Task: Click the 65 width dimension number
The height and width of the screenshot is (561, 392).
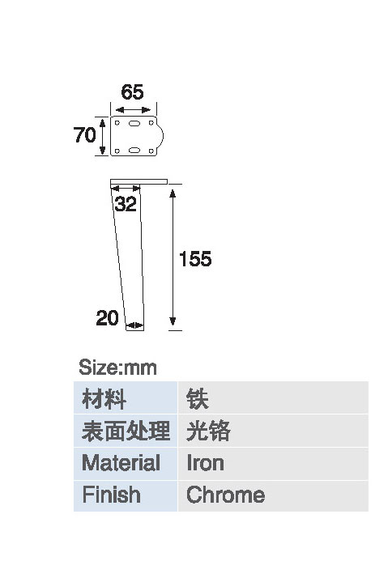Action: (x=132, y=92)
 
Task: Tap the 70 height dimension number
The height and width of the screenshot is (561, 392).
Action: (x=85, y=135)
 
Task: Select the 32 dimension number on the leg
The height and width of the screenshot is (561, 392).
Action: (x=126, y=204)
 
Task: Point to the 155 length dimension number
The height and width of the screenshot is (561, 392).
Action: (x=195, y=259)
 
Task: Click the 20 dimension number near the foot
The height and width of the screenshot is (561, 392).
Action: (x=107, y=317)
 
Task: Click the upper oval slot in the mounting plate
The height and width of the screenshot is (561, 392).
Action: (x=134, y=123)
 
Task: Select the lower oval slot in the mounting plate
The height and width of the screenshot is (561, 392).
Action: (x=134, y=150)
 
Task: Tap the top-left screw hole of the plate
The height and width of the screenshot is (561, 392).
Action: (x=117, y=123)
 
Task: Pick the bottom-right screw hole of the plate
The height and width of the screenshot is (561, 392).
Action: (x=151, y=151)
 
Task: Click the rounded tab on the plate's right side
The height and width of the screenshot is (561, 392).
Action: (x=160, y=136)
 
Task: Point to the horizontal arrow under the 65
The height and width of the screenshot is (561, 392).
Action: (x=133, y=109)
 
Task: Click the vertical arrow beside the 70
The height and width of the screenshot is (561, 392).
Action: (x=103, y=137)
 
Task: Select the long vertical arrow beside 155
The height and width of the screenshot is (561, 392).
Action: (x=173, y=257)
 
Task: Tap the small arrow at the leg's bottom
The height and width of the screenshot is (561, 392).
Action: (x=135, y=325)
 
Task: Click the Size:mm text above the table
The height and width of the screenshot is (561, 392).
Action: (x=117, y=368)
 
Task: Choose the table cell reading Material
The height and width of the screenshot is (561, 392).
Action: (x=126, y=463)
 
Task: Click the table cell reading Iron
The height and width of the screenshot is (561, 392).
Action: (x=273, y=463)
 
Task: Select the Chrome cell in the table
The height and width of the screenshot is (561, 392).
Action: (x=273, y=495)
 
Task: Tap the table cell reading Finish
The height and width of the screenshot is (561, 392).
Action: (x=126, y=495)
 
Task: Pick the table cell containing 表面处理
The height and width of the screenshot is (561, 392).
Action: (x=126, y=431)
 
